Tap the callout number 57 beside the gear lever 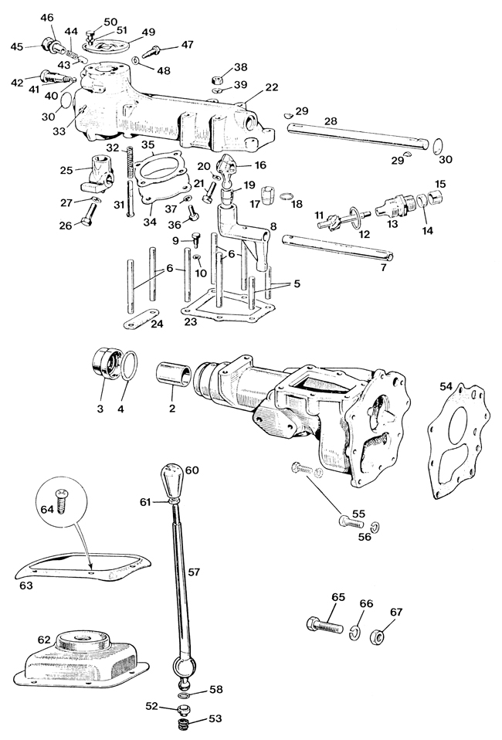click(193, 572)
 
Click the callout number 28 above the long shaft click(331, 121)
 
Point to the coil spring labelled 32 click(128, 162)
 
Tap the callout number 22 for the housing click(271, 87)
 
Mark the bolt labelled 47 click(154, 50)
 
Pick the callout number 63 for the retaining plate click(26, 586)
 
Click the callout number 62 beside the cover click(44, 640)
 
